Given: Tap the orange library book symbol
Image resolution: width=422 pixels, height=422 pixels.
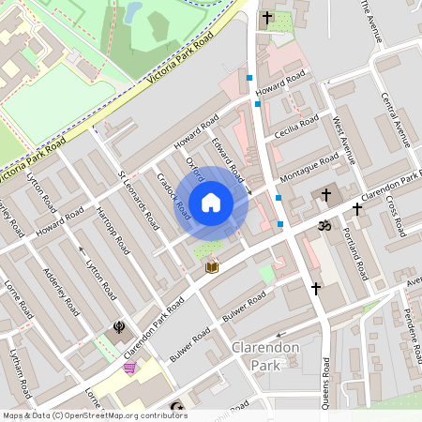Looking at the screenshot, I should click(x=212, y=267).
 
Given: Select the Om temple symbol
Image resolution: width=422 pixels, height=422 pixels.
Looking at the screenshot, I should click(x=325, y=226).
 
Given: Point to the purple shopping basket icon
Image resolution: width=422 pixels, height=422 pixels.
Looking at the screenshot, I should click(x=129, y=368).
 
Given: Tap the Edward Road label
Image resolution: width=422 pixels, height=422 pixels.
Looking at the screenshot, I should click(x=228, y=160).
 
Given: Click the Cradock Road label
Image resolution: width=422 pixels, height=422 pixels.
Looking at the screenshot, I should click(x=174, y=195).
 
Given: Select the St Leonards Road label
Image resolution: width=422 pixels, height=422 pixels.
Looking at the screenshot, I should click(x=137, y=200).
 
